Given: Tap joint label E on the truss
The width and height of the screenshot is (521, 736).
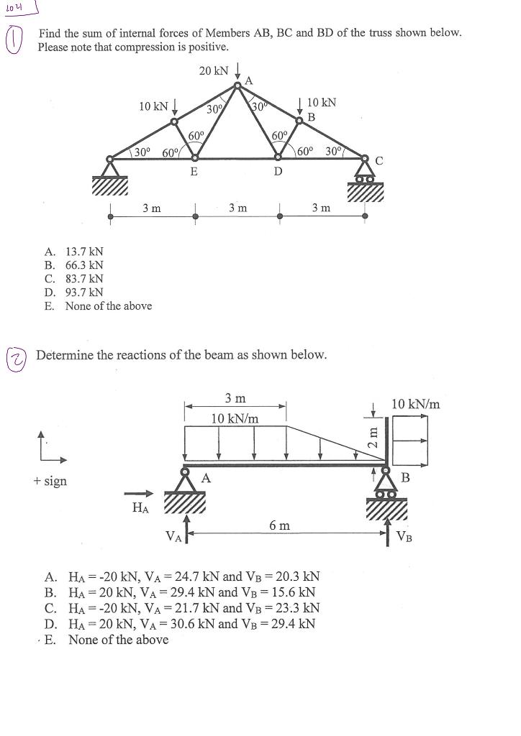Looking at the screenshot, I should [193, 172].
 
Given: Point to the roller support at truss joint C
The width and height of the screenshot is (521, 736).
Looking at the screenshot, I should [366, 175].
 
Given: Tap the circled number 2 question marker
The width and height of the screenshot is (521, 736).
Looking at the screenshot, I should [14, 357].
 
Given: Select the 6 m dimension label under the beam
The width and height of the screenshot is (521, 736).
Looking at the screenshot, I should [280, 525].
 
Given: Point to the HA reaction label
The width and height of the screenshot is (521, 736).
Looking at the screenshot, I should [141, 509].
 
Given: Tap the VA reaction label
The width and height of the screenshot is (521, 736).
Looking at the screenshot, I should [173, 535].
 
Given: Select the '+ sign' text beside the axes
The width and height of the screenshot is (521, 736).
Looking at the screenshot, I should [50, 481].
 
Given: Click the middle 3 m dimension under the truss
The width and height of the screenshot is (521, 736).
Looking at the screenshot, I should [237, 208].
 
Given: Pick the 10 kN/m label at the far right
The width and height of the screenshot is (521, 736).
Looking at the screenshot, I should [416, 404].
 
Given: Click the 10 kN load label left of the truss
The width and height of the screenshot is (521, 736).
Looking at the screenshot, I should [153, 107].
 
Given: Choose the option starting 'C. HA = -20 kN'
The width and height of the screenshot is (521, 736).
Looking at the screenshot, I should [181, 608].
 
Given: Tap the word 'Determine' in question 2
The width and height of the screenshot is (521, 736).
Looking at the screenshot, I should [65, 355].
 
